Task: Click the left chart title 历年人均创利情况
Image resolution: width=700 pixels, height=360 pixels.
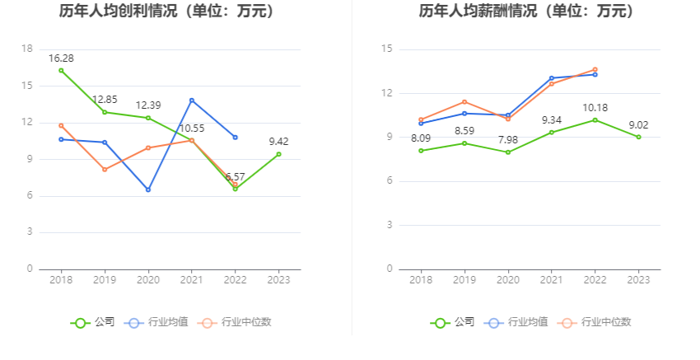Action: tap(166, 12)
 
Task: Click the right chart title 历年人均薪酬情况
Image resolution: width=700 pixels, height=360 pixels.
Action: tap(526, 12)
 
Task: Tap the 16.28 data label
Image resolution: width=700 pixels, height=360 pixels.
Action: tap(61, 58)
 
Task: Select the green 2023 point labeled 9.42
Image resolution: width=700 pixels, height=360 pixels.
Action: tap(279, 154)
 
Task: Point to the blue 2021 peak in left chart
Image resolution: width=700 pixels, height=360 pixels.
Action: tap(192, 101)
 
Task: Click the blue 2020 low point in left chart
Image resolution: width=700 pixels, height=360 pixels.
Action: tap(148, 189)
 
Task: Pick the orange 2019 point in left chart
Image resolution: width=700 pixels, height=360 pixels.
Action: tap(105, 170)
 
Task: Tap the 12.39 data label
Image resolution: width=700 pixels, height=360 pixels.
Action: tap(148, 105)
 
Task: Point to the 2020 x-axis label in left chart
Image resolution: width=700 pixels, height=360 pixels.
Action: tap(148, 280)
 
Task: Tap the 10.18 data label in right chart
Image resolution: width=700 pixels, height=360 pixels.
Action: tap(595, 107)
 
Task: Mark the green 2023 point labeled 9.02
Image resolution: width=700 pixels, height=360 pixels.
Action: tap(638, 137)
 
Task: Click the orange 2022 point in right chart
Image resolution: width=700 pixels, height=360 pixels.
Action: tap(595, 69)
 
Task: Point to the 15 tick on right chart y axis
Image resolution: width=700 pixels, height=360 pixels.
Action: tap(387, 49)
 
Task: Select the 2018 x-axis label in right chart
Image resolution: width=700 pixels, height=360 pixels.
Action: tap(421, 280)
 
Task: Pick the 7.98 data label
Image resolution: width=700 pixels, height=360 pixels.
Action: tap(507, 139)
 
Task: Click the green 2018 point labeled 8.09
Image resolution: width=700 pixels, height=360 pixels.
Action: tap(421, 151)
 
